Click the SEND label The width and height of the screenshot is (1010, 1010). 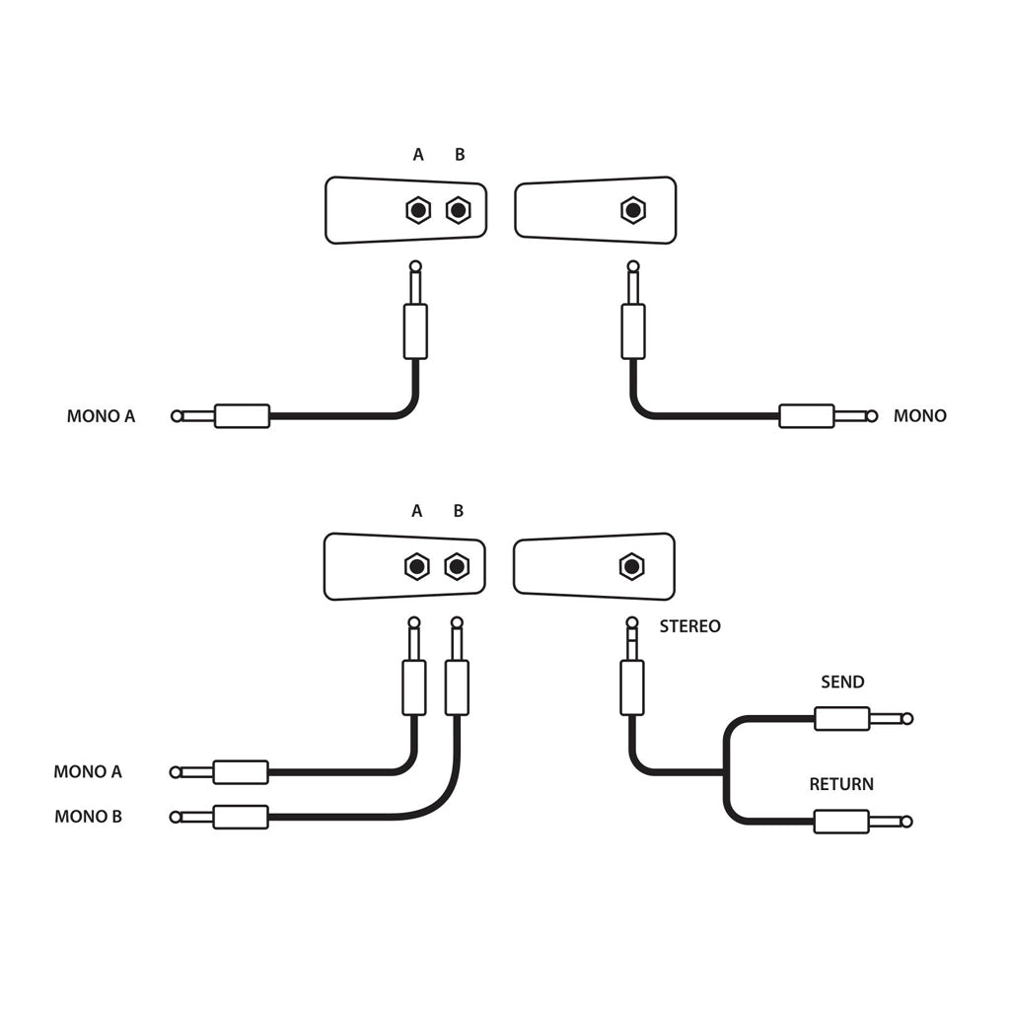point(842,683)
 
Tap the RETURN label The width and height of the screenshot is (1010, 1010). point(841,785)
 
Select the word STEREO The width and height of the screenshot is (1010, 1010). point(689,626)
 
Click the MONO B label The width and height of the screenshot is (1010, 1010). point(89,817)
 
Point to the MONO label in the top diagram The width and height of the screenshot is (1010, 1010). point(919,416)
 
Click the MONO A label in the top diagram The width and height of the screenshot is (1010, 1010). point(101,416)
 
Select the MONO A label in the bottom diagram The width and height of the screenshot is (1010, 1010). point(88,772)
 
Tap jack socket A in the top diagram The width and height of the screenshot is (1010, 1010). point(418,210)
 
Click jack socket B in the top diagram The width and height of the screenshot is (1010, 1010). point(458,210)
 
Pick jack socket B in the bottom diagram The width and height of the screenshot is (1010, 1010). point(456,566)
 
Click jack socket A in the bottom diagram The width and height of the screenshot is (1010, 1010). point(417,566)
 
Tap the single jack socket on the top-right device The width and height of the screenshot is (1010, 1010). point(632,210)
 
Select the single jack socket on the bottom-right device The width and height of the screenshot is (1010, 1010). point(631,566)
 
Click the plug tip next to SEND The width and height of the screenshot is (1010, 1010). point(907,719)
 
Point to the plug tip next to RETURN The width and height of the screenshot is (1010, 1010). point(906,822)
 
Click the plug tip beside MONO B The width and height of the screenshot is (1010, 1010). point(177,817)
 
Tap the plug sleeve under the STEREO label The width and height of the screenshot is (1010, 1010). point(631,687)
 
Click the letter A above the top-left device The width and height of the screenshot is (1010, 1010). point(418,155)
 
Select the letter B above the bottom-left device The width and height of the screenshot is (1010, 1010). point(458,511)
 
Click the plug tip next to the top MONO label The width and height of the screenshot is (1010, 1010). point(871,416)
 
